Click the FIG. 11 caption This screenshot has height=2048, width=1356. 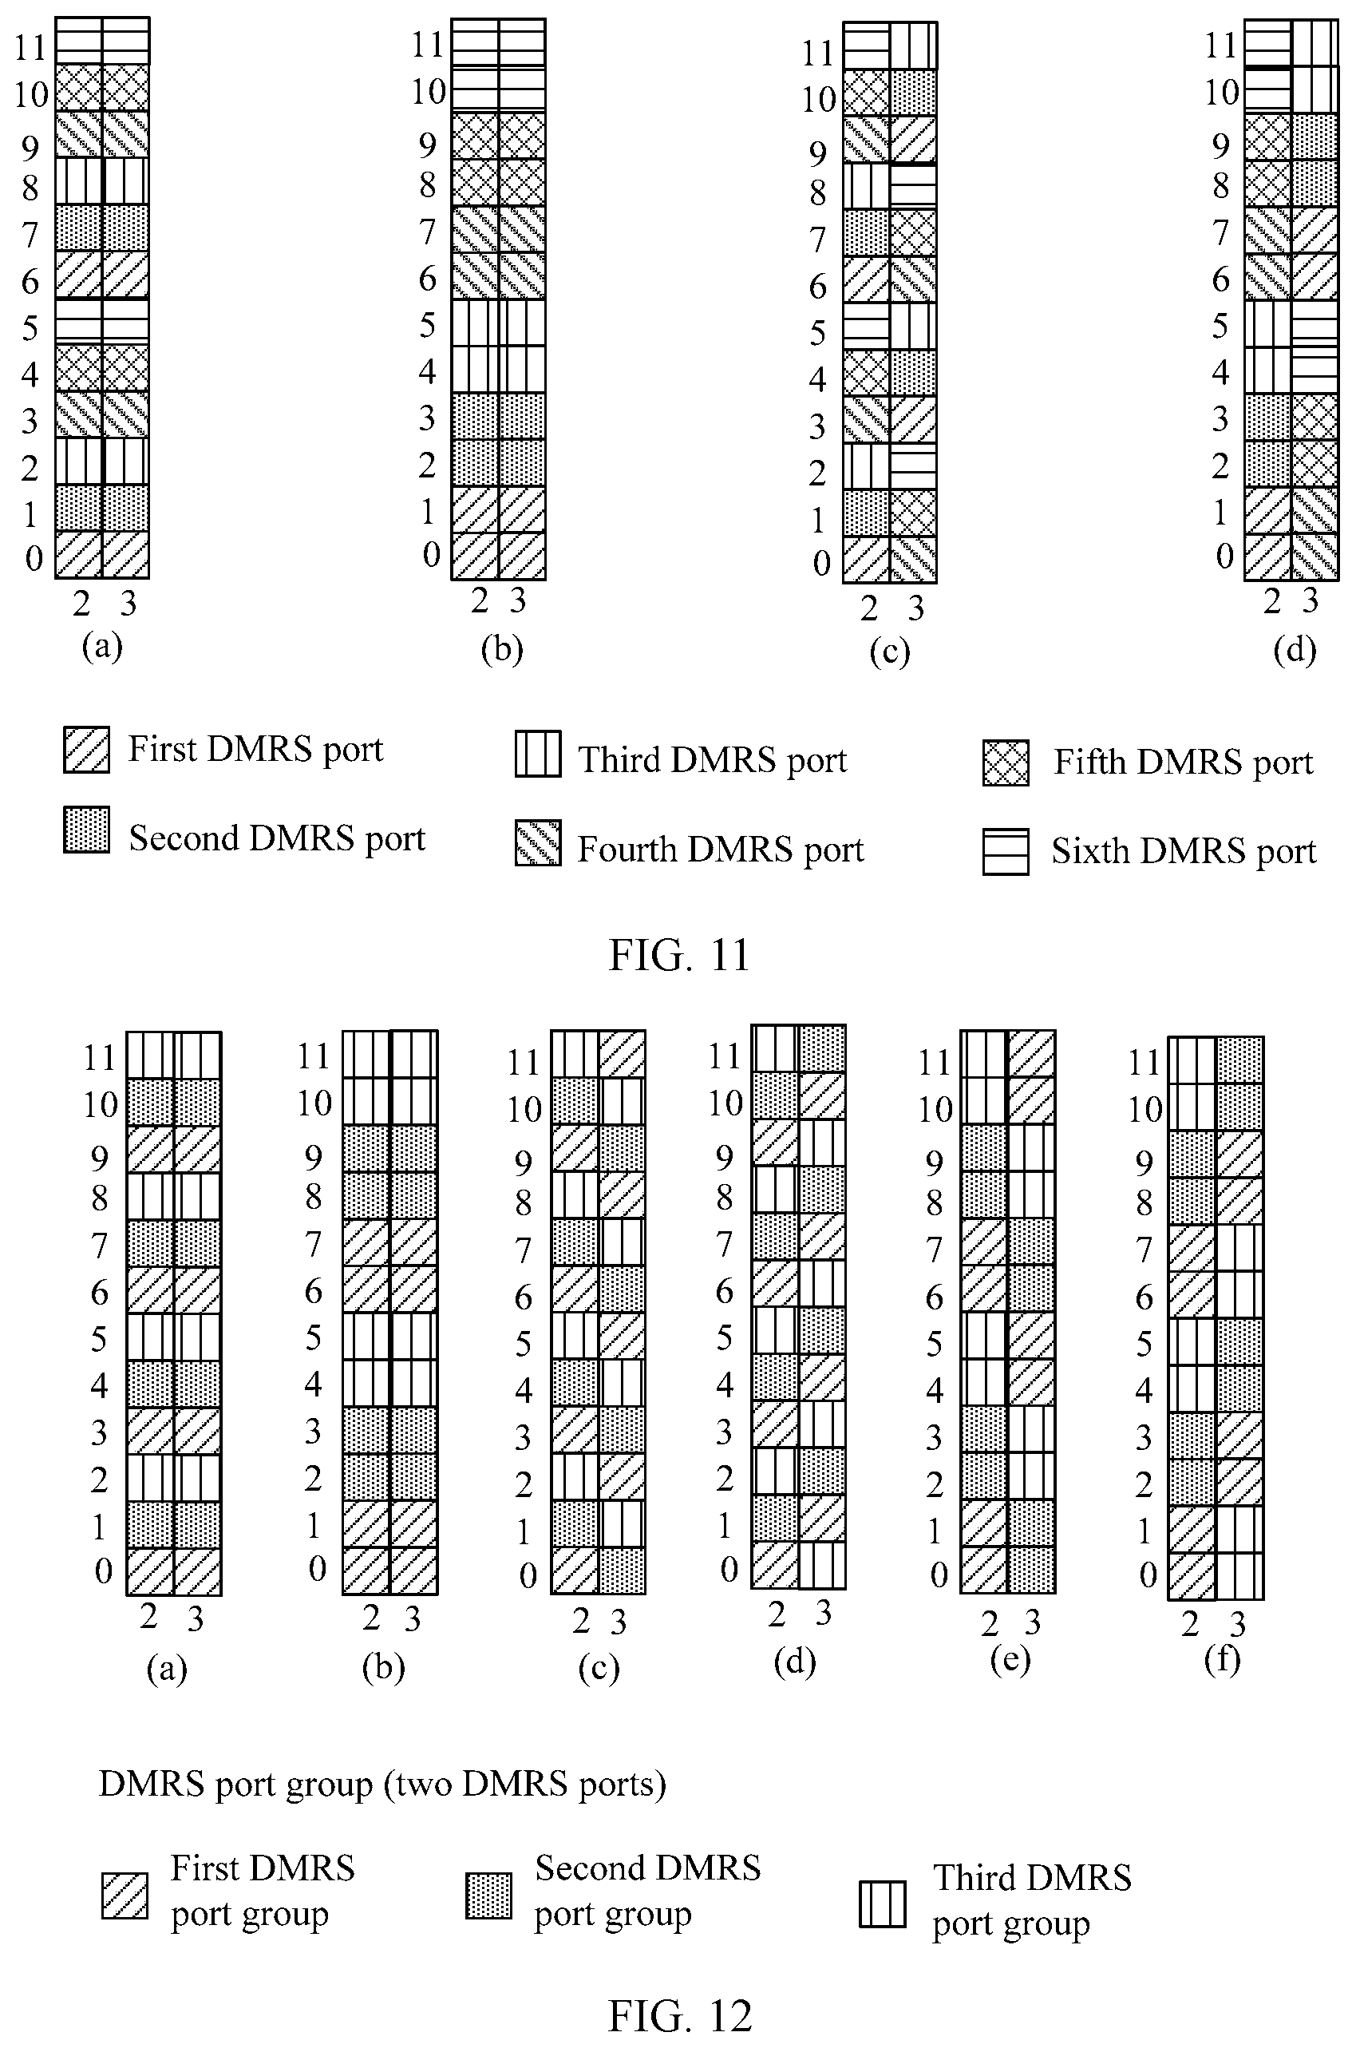pos(679,955)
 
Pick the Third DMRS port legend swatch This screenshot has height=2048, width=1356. pos(538,754)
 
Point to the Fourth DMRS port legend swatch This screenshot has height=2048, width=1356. pos(538,842)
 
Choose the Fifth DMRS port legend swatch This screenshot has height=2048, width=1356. pos(1006,763)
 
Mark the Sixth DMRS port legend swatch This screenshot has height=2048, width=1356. pos(1006,851)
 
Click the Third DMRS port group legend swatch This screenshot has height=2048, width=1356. pos(882,1904)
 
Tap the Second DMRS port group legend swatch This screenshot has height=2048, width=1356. pos(488,1895)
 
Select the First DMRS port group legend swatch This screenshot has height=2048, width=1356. pos(125,1895)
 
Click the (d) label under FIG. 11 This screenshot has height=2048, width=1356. pos(1295,650)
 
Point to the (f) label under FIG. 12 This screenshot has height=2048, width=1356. pos(1222,1658)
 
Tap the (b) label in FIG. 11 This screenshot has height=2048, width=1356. pos(501,649)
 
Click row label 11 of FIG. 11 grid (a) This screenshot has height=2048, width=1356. pos(30,47)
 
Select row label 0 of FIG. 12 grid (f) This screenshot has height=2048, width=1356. pos(1148,1575)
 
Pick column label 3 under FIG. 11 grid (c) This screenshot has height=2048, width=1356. pos(915,608)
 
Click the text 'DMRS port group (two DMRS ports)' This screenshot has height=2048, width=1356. pos(382,1783)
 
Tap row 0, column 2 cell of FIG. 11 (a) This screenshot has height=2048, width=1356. pos(79,555)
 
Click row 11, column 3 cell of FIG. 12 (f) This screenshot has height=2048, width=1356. pos(1240,1060)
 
